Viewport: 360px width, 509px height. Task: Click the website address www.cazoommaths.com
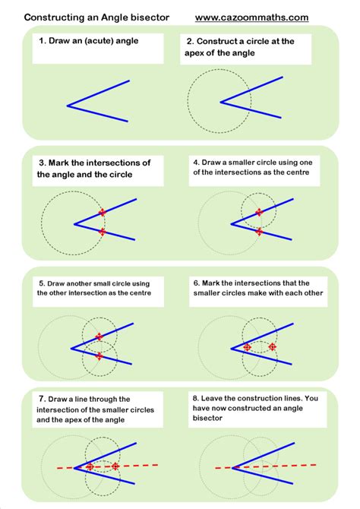[x=263, y=17]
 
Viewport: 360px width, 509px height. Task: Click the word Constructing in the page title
[x=58, y=17]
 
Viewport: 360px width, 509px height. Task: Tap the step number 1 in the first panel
[x=43, y=41]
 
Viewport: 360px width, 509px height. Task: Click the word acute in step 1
[x=106, y=41]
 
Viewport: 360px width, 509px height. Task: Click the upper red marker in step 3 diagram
[x=103, y=212]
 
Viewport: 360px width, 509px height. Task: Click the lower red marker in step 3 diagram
[x=103, y=232]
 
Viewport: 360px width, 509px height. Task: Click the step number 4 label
[x=195, y=162]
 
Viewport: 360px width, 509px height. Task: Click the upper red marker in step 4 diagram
[x=259, y=212]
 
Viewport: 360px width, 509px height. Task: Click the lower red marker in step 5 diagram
[x=99, y=356]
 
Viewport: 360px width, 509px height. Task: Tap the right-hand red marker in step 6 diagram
[x=273, y=346]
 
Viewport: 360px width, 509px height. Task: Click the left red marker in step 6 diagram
[x=247, y=346]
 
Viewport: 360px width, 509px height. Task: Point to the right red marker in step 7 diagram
[x=115, y=466]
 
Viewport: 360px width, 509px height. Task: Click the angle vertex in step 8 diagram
[x=232, y=466]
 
